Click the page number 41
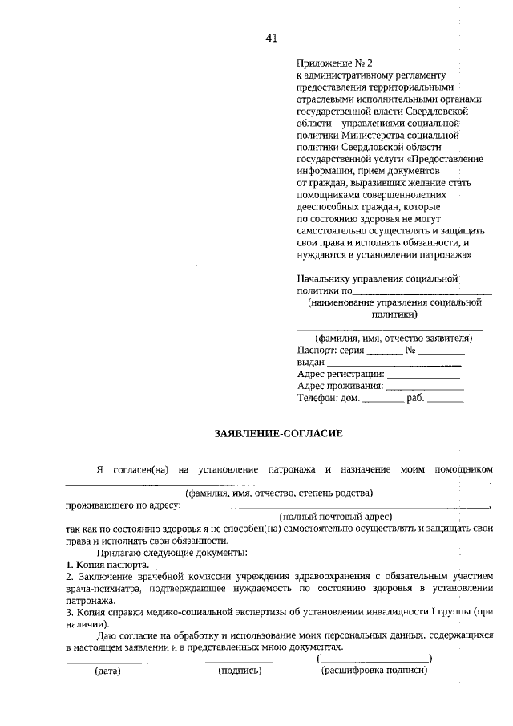pos(271,38)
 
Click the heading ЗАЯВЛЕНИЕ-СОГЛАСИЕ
pos(278,434)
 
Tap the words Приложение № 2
pos(334,63)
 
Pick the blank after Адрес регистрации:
pos(423,376)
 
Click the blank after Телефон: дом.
pos(382,400)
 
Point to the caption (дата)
pos(107,671)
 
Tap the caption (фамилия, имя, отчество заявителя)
pos(390,338)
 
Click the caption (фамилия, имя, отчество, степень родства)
pos(278,493)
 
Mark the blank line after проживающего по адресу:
pos(337,506)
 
